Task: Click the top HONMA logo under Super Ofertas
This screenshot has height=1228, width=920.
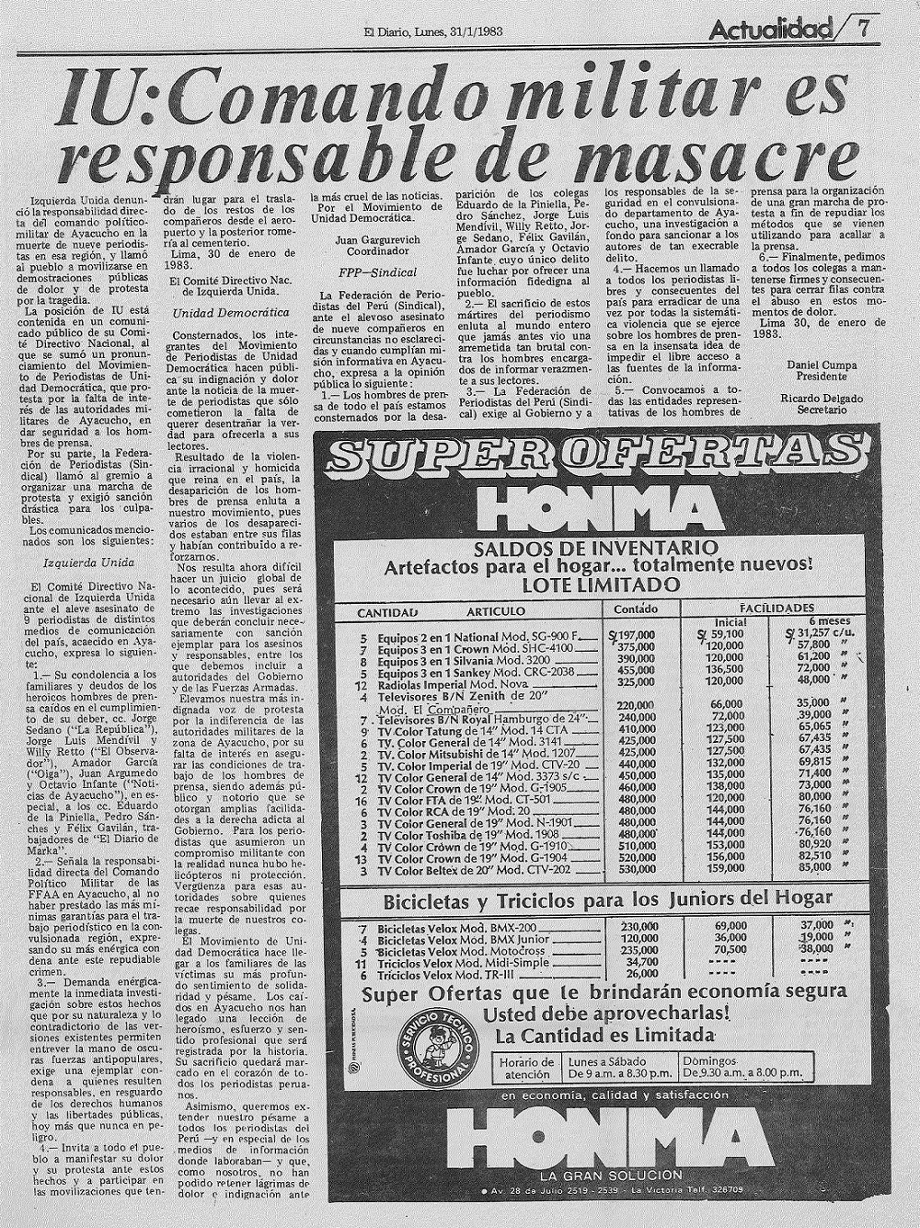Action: click(601, 510)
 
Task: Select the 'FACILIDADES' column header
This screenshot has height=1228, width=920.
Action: click(777, 608)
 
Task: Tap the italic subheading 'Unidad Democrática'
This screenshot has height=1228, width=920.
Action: click(218, 314)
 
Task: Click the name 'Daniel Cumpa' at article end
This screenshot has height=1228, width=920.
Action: click(821, 366)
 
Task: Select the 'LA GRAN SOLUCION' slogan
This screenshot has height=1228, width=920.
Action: click(600, 1176)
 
